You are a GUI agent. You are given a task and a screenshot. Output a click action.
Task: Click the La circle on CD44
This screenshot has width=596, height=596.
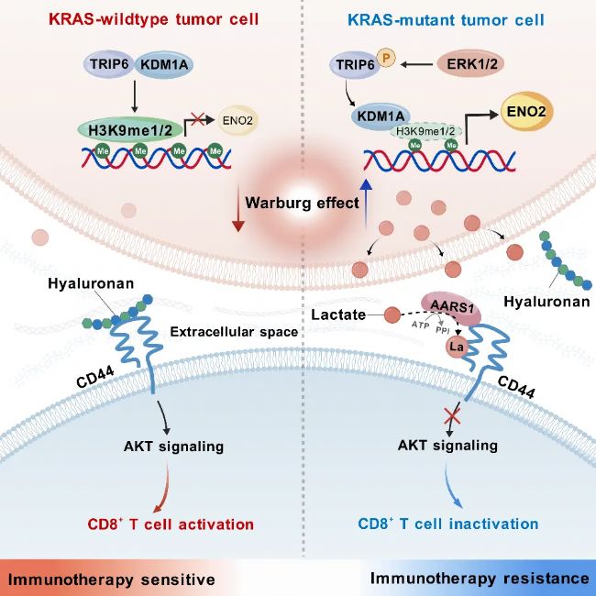[x=457, y=348]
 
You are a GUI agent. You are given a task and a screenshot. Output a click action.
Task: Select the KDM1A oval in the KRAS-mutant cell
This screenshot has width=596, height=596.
[x=383, y=116]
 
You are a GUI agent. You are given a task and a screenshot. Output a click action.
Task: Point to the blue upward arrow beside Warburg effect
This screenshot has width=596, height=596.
[x=365, y=202]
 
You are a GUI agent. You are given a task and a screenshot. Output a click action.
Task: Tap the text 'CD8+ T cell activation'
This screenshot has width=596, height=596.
[x=170, y=524]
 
